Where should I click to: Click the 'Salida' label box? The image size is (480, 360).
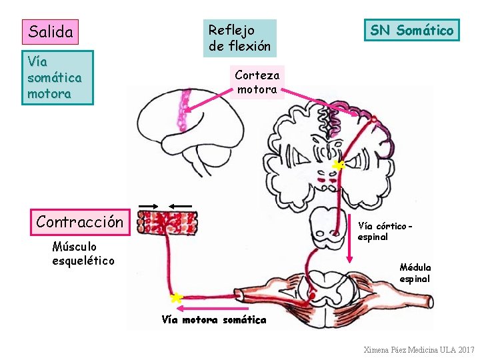click(x=50, y=31)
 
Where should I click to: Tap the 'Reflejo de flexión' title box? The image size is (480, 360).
click(x=240, y=38)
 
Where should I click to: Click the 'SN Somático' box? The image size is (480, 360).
click(x=411, y=30)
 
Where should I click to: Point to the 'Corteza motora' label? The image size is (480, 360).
click(x=257, y=82)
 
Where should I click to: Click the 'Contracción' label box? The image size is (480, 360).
click(x=79, y=222)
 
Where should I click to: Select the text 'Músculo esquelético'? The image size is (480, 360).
click(x=83, y=253)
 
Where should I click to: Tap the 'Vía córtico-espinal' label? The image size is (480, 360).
click(x=385, y=231)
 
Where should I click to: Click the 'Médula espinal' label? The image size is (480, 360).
click(x=415, y=273)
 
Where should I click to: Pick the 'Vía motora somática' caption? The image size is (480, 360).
click(x=214, y=320)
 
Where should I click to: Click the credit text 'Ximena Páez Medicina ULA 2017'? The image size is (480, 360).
click(x=419, y=350)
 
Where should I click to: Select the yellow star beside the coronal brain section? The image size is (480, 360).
click(x=338, y=165)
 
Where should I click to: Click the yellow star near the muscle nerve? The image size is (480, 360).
click(x=177, y=298)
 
